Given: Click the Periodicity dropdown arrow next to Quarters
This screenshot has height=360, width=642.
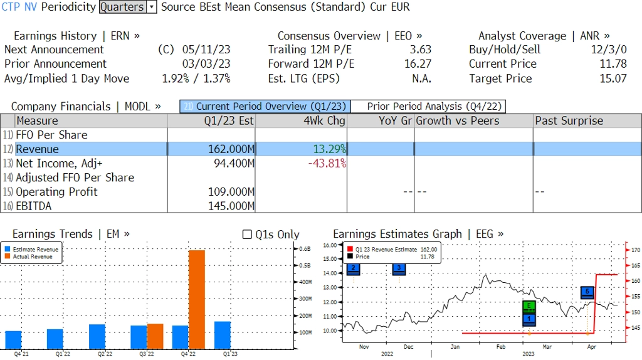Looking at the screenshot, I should point(152,8).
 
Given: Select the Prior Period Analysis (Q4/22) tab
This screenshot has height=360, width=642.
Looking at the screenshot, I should point(428,107).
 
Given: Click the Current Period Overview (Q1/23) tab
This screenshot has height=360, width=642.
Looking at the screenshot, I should point(265,107).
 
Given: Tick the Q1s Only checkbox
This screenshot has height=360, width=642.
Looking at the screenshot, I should point(247,235).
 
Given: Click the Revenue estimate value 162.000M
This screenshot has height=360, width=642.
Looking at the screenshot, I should point(231,149).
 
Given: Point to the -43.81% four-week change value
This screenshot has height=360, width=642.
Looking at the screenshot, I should point(327,164).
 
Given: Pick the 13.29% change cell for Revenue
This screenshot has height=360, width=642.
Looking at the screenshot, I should point(330,149).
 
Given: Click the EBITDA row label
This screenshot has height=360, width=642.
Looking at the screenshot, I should point(34,206).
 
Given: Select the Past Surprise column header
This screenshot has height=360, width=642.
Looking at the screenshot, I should point(569,121).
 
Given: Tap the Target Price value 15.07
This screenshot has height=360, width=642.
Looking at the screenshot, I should point(613,78).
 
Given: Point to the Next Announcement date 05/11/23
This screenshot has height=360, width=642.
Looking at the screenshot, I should point(206,50).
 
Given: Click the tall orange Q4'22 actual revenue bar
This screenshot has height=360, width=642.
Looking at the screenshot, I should point(197,299).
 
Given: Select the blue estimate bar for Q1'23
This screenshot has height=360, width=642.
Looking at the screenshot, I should point(223,335).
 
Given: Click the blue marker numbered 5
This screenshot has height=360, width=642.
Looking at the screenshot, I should point(587,292).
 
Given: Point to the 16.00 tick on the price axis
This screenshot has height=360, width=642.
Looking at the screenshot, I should point(330,245).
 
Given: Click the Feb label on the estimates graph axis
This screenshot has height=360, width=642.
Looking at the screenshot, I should point(500,346).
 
